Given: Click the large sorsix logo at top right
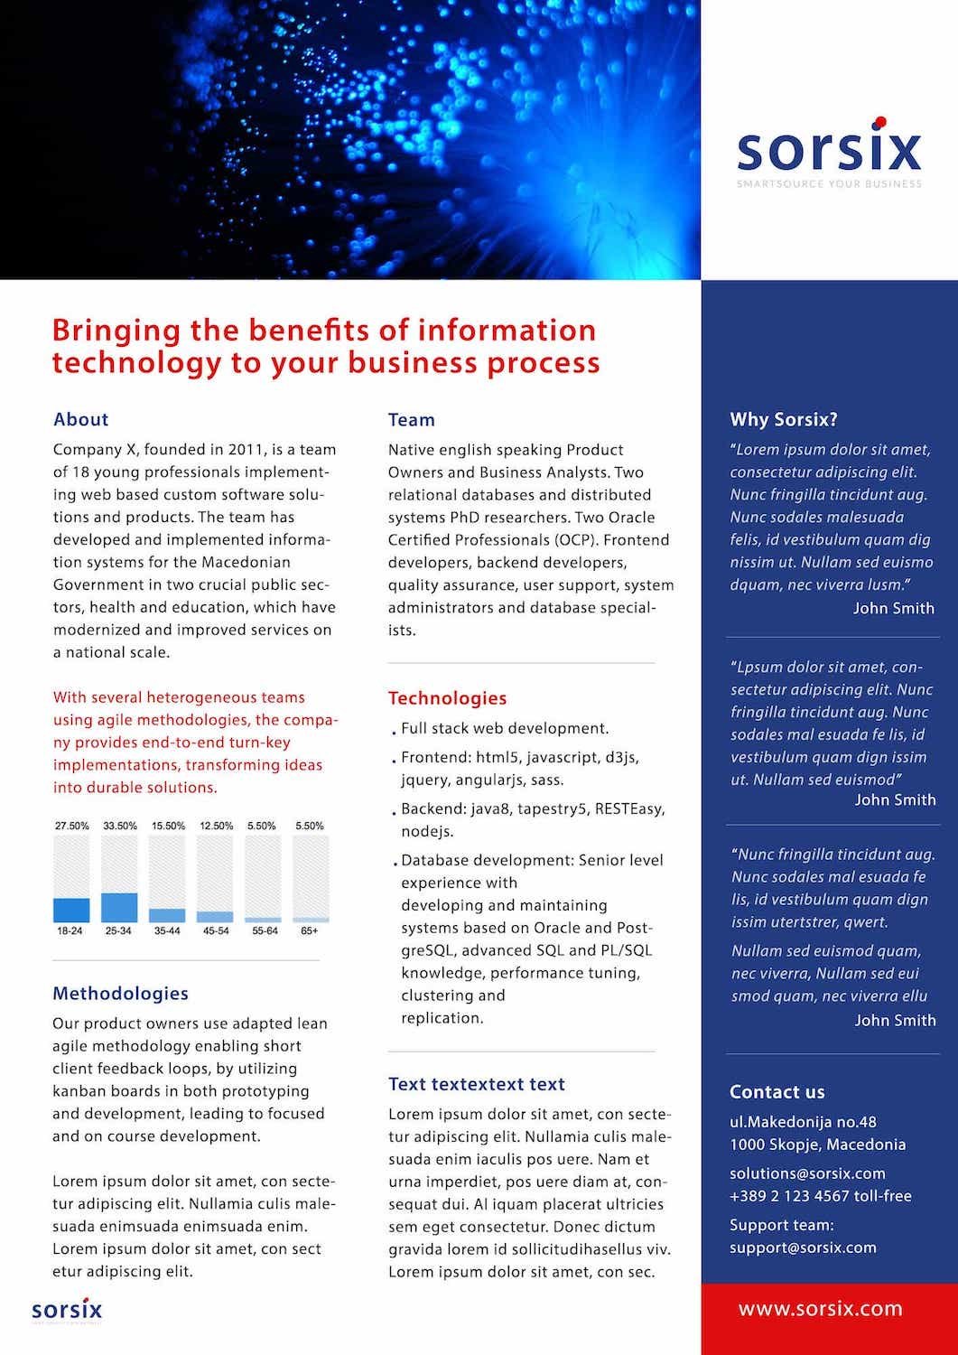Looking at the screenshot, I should [829, 150].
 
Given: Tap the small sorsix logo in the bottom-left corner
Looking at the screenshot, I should [67, 1310].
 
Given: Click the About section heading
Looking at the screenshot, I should [80, 419].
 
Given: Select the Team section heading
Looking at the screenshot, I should [411, 420].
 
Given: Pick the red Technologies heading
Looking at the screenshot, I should [447, 698].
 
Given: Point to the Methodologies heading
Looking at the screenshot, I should [120, 994].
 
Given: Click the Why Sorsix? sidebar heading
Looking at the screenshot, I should [783, 419].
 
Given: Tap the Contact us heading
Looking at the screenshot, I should [777, 1092].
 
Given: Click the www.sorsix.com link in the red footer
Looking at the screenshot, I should [820, 1309].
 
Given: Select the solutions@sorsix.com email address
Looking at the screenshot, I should [807, 1173].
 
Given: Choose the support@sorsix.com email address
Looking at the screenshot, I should [803, 1248].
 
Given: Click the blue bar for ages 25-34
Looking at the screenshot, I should [119, 907].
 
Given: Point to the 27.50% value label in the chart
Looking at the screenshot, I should [71, 826].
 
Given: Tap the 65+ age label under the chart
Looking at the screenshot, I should [309, 930].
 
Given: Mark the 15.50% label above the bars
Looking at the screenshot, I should [168, 826].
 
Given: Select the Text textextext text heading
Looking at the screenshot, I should [476, 1084].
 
